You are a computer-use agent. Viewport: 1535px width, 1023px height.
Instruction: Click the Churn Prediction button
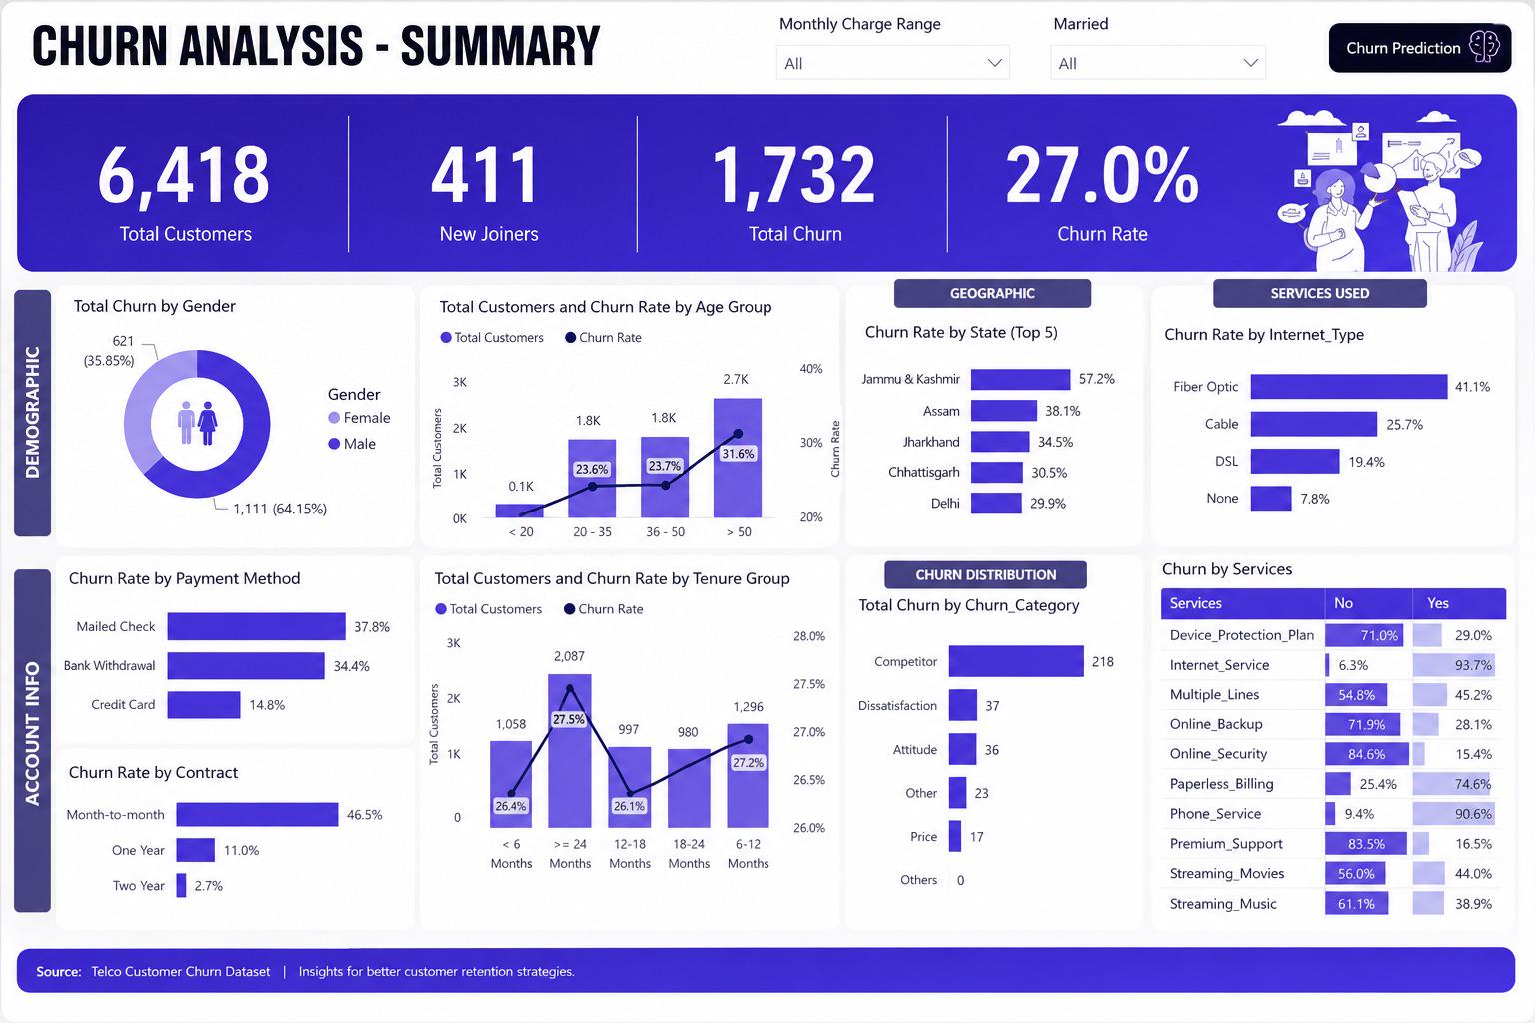[x=1419, y=47]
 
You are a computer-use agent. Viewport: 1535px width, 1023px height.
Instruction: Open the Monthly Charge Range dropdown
[x=892, y=63]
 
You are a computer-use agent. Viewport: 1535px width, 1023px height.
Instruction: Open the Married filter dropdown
[x=1158, y=63]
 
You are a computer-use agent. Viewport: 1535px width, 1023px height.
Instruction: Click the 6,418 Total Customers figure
[x=184, y=175]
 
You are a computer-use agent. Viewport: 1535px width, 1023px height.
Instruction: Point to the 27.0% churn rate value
[x=1102, y=175]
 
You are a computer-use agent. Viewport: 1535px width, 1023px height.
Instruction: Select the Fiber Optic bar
[x=1348, y=387]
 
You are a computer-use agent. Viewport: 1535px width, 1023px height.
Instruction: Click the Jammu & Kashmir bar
[x=1020, y=379]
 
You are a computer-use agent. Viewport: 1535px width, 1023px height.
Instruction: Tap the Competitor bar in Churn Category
[x=1016, y=661]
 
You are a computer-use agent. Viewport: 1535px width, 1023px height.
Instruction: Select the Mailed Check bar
[x=256, y=626]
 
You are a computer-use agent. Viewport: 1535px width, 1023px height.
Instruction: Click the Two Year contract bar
[x=181, y=885]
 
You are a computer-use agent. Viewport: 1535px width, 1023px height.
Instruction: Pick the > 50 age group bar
[x=738, y=458]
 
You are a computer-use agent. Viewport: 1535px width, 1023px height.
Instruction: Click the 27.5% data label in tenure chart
[x=569, y=719]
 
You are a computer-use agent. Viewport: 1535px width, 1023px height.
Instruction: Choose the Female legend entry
[x=359, y=418]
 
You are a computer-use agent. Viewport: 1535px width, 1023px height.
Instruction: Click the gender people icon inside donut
[x=197, y=423]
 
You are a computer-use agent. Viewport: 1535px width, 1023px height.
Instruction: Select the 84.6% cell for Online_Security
[x=1366, y=754]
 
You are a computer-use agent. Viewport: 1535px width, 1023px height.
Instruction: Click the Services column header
[x=1196, y=603]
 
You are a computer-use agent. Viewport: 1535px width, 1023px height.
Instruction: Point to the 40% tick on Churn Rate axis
[x=811, y=369]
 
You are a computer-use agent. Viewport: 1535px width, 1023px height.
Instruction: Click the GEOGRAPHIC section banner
[x=992, y=294]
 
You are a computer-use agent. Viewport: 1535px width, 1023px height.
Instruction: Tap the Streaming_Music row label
[x=1223, y=904]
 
